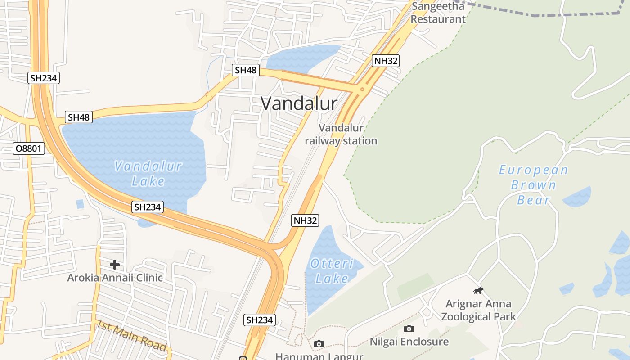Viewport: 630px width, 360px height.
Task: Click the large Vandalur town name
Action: (x=299, y=104)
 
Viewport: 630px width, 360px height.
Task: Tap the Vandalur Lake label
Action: (x=148, y=174)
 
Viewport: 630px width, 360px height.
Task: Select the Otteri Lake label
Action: (x=332, y=271)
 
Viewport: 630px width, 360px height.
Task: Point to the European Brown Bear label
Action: (x=533, y=185)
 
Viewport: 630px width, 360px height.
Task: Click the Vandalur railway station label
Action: (x=341, y=135)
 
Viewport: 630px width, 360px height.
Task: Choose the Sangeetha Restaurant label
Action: (x=438, y=13)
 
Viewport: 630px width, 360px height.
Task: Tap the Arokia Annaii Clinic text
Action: (x=115, y=278)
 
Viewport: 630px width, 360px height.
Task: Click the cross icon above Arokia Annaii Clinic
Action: (x=115, y=265)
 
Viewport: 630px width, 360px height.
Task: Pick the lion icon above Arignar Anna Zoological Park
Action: (x=478, y=291)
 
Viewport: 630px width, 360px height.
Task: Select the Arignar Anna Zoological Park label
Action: (x=478, y=310)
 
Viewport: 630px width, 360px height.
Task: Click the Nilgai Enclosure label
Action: (x=409, y=342)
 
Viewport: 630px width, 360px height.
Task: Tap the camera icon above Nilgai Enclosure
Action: (x=409, y=329)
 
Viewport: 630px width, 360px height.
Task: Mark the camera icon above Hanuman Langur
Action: (x=319, y=344)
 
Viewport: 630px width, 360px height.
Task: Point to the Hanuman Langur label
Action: (x=319, y=356)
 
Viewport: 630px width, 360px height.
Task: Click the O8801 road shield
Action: (x=29, y=148)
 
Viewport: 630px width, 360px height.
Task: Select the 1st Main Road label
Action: (x=131, y=335)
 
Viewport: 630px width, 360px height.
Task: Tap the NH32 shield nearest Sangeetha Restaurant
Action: (x=386, y=61)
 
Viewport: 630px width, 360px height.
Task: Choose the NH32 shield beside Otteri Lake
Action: (x=306, y=220)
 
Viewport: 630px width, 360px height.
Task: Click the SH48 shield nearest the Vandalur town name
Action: (x=246, y=70)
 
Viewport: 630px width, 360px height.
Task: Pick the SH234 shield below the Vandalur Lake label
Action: (x=148, y=207)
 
